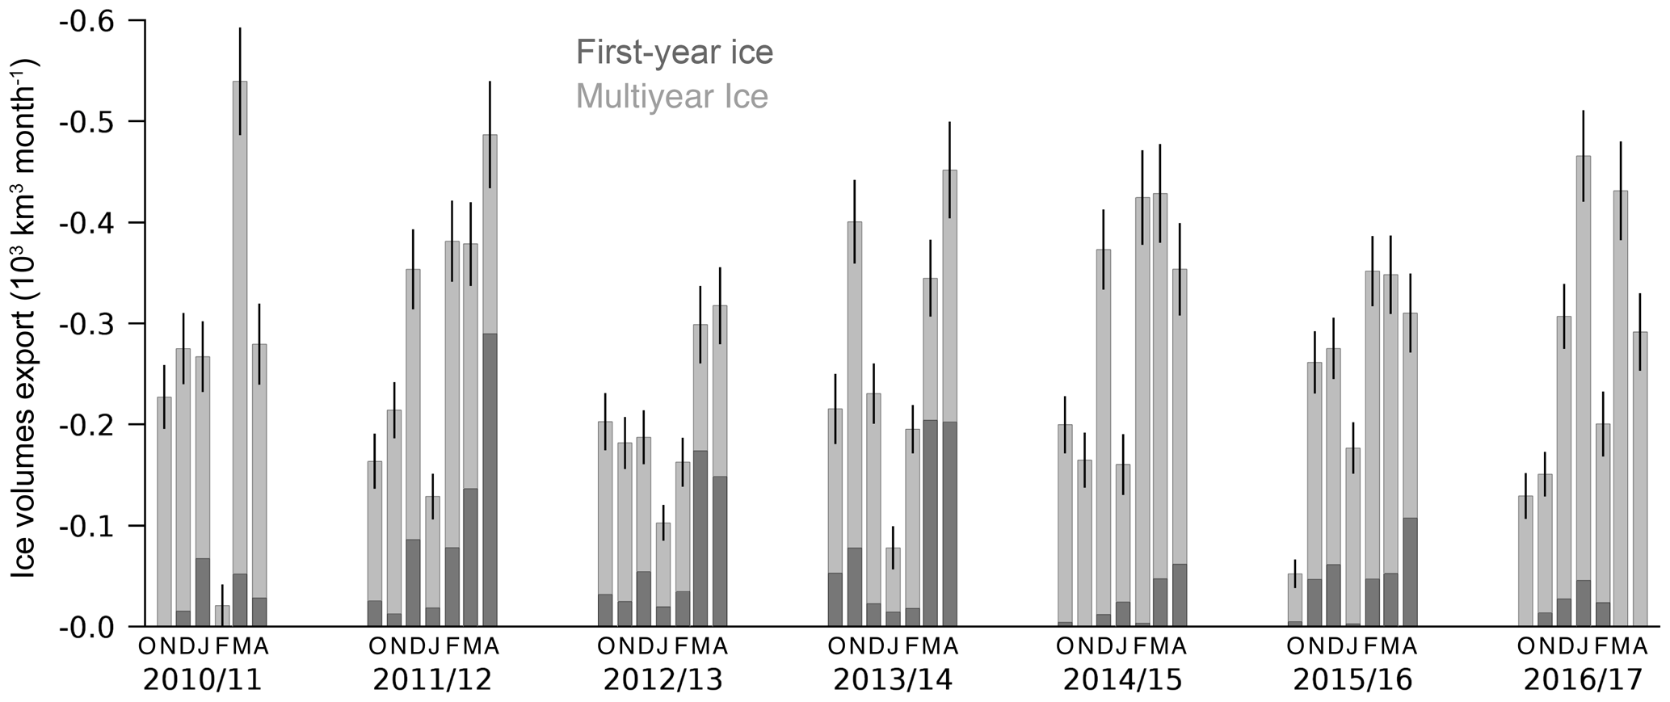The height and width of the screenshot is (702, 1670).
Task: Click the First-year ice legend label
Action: [674, 53]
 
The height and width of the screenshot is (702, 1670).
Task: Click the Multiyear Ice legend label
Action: [671, 97]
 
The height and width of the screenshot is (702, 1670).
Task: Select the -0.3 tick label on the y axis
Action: [86, 324]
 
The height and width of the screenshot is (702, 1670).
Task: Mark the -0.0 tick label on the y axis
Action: [86, 627]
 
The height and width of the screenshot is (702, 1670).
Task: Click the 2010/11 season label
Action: [203, 680]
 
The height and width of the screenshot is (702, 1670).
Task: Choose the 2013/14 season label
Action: [893, 680]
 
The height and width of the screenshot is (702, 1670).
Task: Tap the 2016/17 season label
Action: [1583, 680]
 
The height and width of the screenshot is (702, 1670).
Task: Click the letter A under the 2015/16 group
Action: [1410, 647]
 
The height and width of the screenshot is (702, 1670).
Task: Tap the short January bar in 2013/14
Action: [893, 586]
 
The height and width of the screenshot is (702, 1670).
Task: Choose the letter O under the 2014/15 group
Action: [1065, 647]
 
